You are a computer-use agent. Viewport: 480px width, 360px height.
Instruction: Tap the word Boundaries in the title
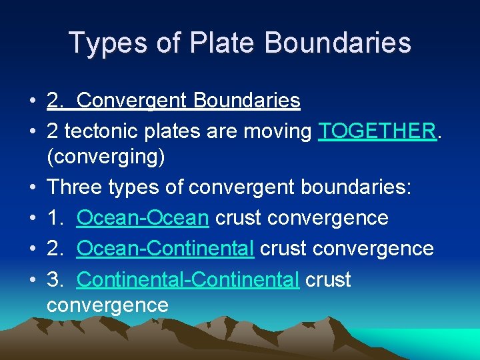click(338, 43)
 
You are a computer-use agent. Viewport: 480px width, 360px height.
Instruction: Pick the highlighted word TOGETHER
click(377, 131)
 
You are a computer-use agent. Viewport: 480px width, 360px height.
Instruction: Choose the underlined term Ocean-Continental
click(165, 248)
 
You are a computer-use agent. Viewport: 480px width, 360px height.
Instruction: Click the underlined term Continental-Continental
click(188, 279)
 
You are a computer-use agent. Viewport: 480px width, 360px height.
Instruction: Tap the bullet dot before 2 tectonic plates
click(32, 132)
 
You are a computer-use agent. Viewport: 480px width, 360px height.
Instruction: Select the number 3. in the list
click(56, 279)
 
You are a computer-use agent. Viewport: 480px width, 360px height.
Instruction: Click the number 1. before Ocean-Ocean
click(56, 218)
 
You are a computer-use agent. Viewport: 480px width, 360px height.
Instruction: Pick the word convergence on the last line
click(107, 305)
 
